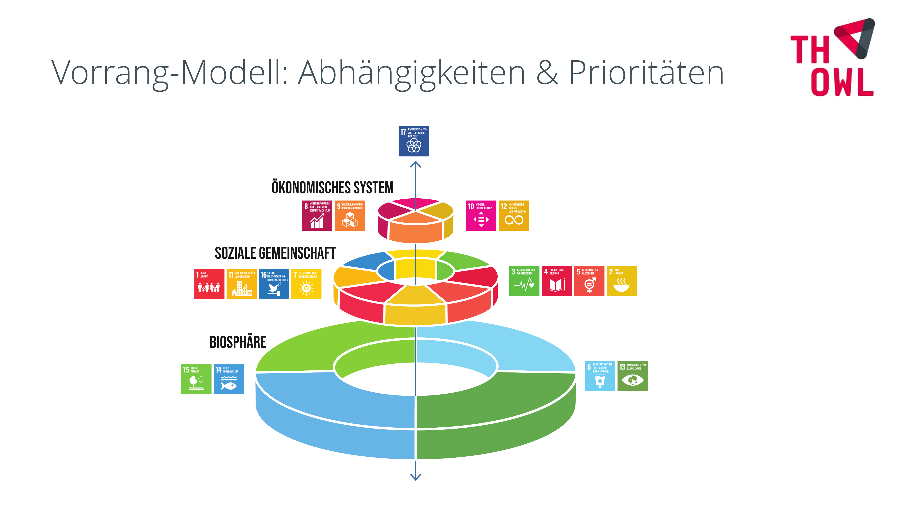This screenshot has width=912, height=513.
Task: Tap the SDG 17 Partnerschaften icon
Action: (x=414, y=141)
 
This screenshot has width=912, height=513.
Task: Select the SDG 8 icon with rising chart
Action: (x=317, y=216)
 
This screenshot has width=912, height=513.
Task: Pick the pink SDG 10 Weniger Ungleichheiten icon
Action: (x=481, y=216)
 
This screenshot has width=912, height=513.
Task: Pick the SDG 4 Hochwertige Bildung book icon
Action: (x=557, y=281)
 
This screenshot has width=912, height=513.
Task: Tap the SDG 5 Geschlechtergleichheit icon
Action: (x=589, y=281)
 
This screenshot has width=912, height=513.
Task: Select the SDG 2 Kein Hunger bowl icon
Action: (x=622, y=281)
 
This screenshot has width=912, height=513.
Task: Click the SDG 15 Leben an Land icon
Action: (x=196, y=379)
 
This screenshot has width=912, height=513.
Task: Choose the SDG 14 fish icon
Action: (x=229, y=379)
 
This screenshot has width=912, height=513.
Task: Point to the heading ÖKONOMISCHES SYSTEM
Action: (x=332, y=188)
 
